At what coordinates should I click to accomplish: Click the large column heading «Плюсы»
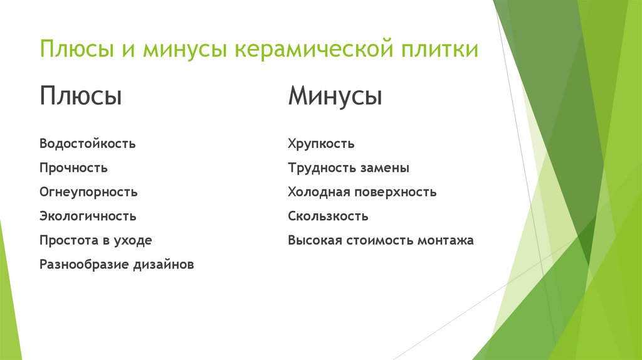click(x=80, y=97)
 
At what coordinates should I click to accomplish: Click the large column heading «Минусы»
click(x=335, y=97)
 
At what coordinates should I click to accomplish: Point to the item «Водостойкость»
click(x=87, y=144)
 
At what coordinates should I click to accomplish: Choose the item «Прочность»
click(x=73, y=168)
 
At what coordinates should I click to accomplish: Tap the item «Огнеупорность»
click(x=88, y=192)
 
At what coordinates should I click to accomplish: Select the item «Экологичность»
click(x=87, y=216)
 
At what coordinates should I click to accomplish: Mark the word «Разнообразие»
click(x=83, y=265)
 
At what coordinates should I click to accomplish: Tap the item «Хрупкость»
click(x=321, y=144)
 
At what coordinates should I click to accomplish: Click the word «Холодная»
click(x=318, y=192)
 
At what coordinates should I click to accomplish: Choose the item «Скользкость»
click(x=328, y=216)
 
